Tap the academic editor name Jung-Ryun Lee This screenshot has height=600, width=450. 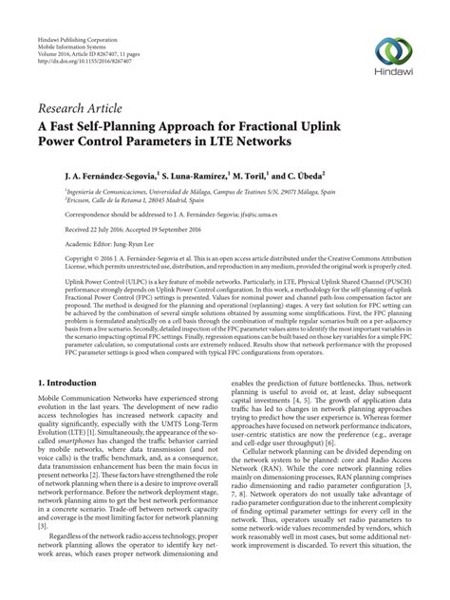click(x=119, y=242)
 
